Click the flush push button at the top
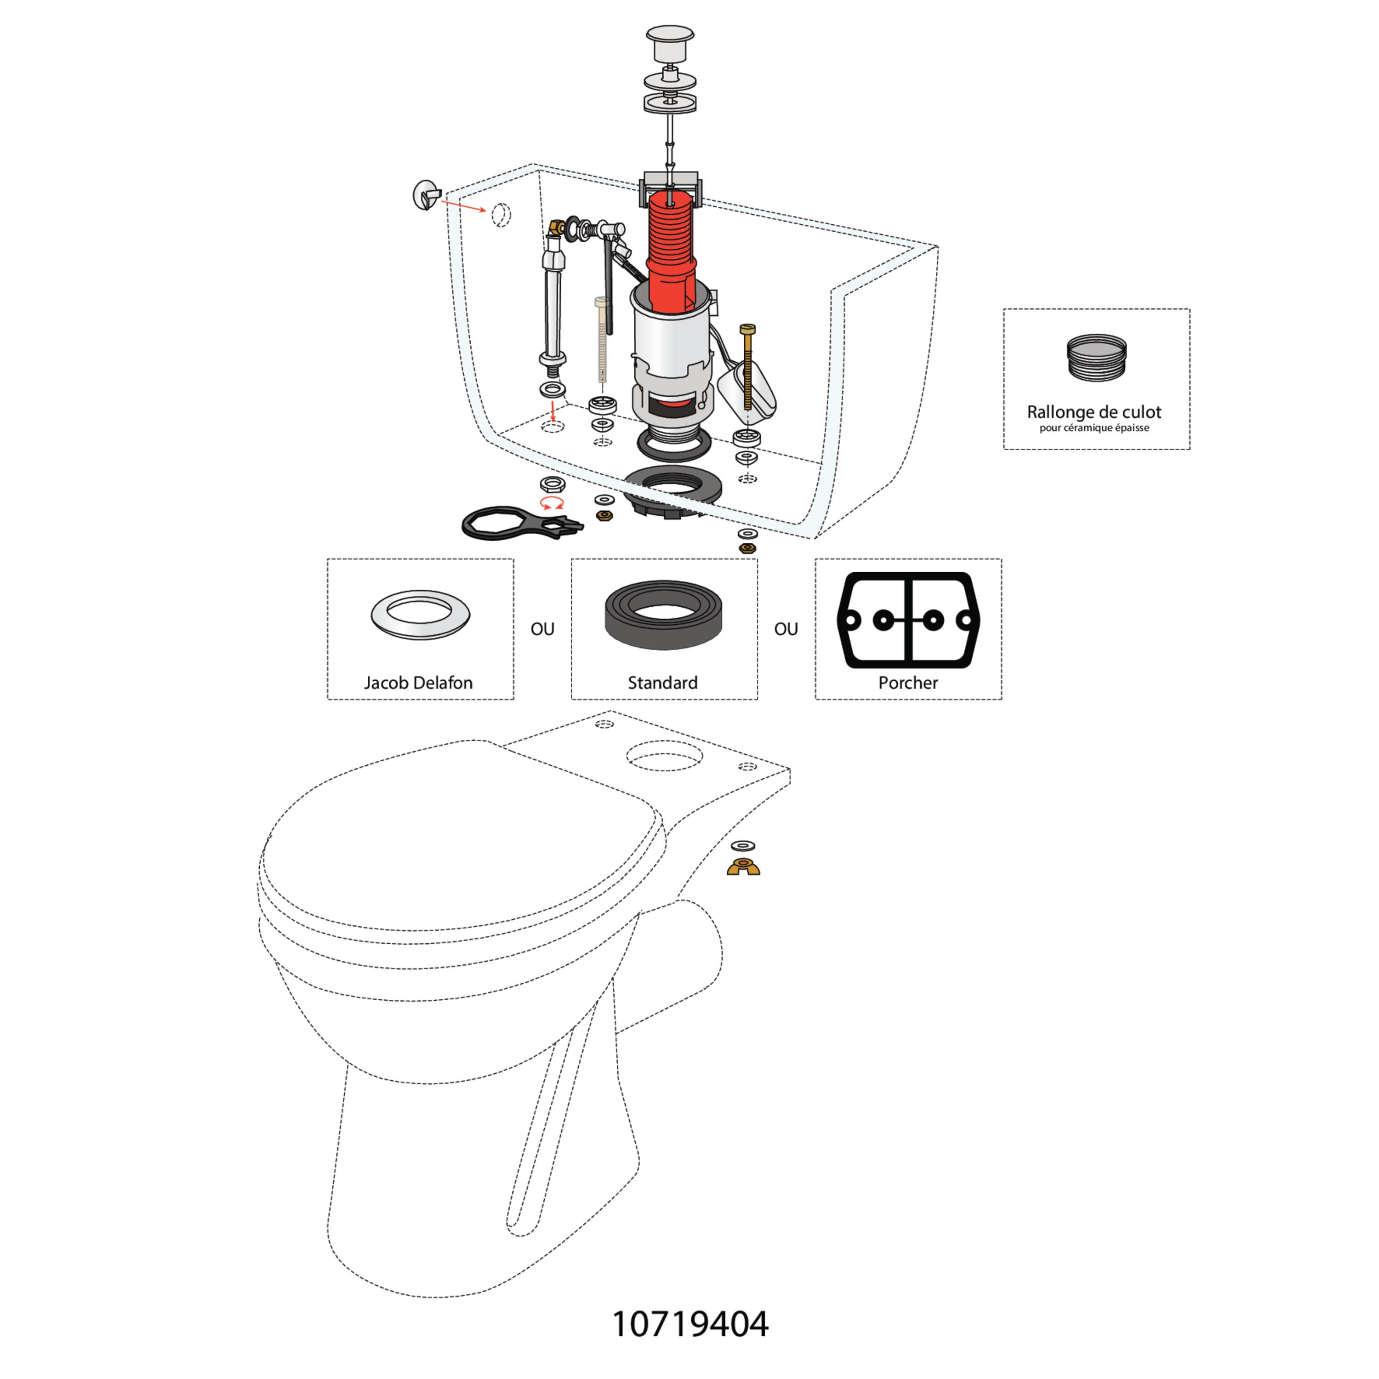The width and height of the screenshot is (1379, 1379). (x=670, y=44)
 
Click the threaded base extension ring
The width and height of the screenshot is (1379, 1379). (x=1096, y=357)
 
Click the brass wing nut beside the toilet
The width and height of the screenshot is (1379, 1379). (x=743, y=867)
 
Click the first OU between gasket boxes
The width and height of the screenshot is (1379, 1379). (x=542, y=629)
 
